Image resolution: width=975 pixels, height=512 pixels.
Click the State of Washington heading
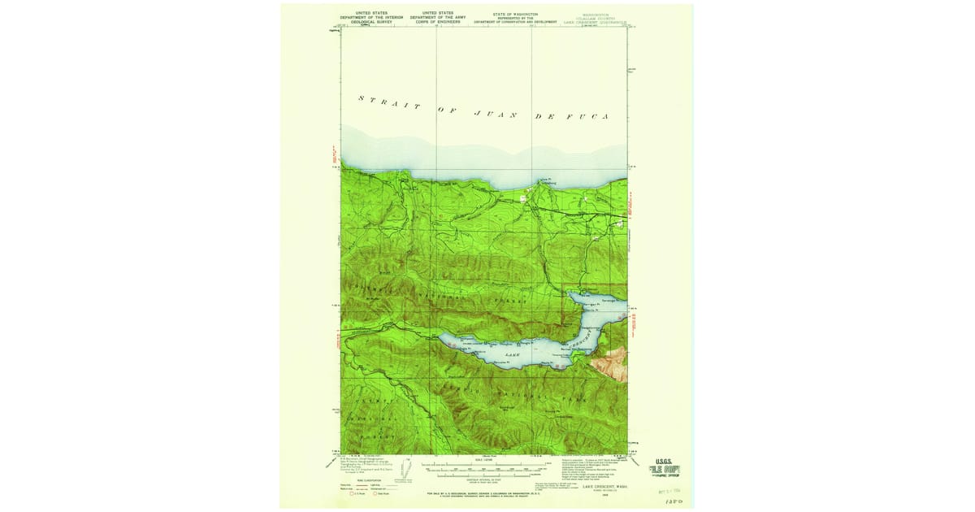[516, 14]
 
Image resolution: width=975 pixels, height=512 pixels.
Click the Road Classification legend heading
[362, 479]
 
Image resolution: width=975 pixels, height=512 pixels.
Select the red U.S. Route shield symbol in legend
[353, 492]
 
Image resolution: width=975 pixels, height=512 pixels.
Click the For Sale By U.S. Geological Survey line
[485, 493]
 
